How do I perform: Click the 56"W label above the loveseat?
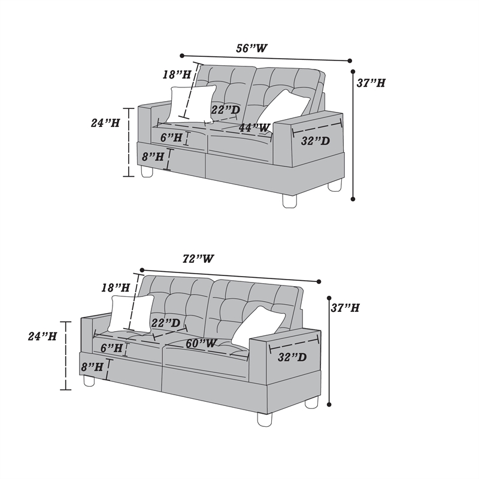(251, 48)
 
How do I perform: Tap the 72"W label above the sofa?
(198, 259)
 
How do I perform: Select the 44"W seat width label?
(254, 128)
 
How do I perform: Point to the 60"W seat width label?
(201, 343)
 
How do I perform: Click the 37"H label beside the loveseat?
(371, 83)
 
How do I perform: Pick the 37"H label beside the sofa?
(345, 308)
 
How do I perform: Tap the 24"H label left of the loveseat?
(105, 123)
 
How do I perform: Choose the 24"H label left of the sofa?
(43, 336)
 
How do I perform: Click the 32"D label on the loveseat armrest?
(316, 141)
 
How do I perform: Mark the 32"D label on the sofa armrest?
(292, 357)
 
